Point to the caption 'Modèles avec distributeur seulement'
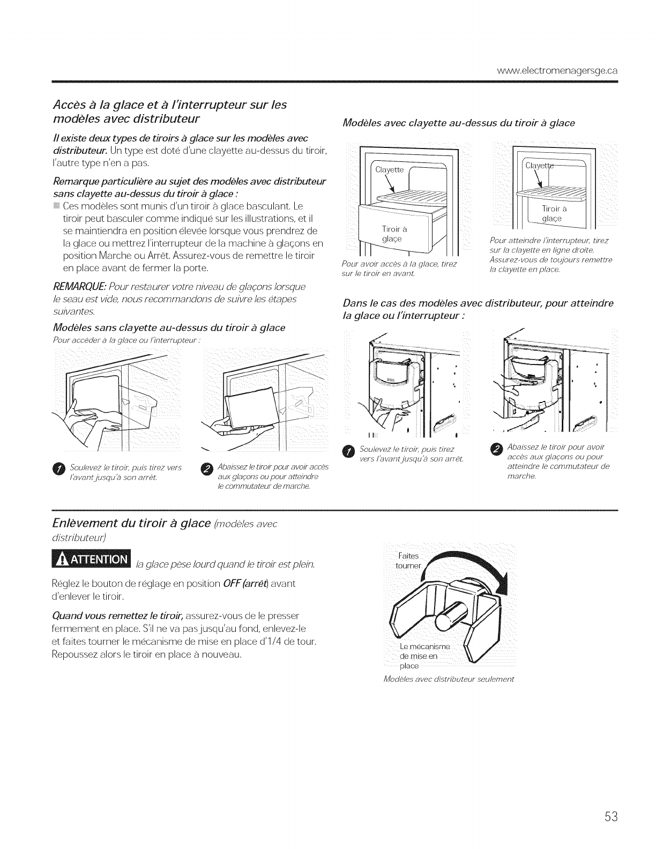click(449, 679)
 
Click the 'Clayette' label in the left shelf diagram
click(389, 169)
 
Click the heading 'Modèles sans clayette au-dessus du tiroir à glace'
click(169, 327)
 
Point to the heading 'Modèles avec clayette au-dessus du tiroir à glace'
click(458, 123)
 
